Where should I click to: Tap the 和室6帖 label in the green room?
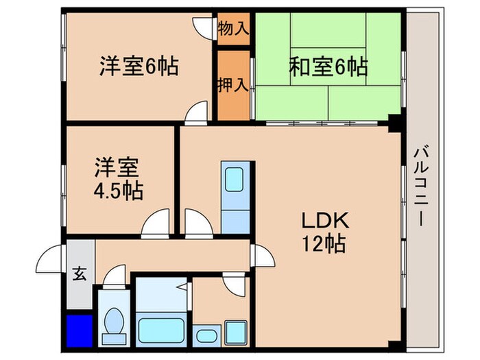pos(327,67)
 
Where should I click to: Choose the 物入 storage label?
pos(234,29)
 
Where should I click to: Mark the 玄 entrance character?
pos(79,275)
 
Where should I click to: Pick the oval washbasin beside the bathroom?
pos(205,335)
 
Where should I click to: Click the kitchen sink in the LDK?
pos(237,179)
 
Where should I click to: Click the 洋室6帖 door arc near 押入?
pos(197,112)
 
